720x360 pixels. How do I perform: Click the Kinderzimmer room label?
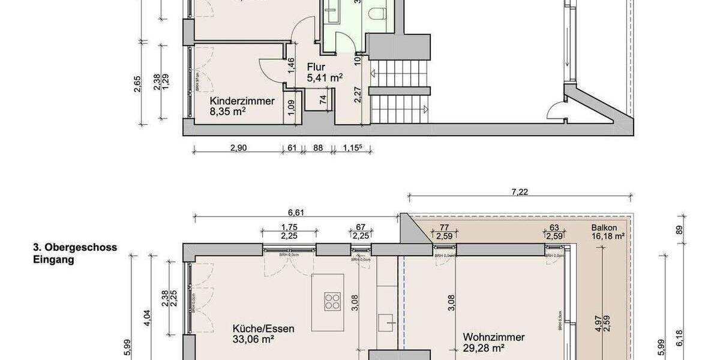[242, 101]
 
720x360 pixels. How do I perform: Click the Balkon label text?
[603, 227]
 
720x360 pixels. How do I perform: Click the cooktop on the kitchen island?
[332, 300]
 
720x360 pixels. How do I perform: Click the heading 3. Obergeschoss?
[75, 247]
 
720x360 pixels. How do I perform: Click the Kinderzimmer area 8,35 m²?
[228, 112]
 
